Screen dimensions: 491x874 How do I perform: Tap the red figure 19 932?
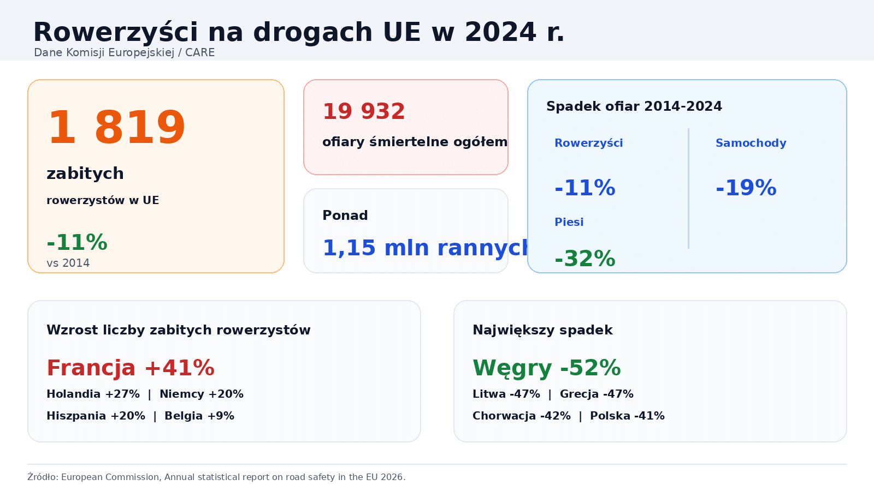[364, 112]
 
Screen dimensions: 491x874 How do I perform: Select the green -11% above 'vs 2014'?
[77, 243]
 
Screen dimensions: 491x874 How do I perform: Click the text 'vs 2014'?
[68, 263]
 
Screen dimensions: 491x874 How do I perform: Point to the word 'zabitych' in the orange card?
[85, 173]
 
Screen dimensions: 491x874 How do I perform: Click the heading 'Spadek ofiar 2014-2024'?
[634, 106]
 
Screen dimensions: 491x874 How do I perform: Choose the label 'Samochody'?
[751, 143]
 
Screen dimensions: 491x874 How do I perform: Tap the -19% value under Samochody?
[746, 188]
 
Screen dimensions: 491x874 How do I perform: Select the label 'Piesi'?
[569, 222]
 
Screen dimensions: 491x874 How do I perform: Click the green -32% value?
[584, 259]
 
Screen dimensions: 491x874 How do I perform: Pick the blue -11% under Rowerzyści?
[584, 188]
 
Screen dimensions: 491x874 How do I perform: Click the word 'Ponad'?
[345, 215]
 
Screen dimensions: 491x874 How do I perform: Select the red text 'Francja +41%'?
[131, 368]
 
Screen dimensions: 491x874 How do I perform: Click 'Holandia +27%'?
[93, 394]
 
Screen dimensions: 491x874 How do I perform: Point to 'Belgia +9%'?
[199, 416]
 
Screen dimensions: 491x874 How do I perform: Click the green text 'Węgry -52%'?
[546, 368]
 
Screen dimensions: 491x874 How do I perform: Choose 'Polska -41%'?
[627, 416]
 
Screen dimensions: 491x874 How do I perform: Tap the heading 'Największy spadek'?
[542, 330]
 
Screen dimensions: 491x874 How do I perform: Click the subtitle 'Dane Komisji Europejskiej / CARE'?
[124, 52]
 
